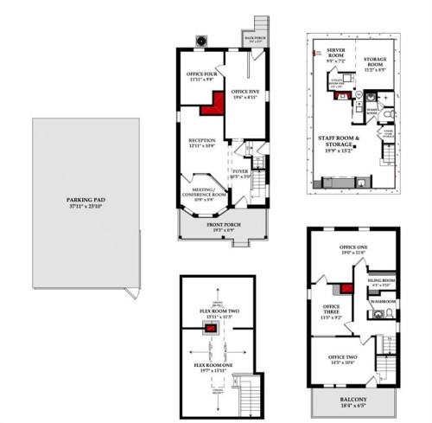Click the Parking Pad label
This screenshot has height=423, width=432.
(86, 204)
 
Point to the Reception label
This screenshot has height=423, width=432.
(201, 141)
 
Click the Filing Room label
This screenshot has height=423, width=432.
(382, 282)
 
